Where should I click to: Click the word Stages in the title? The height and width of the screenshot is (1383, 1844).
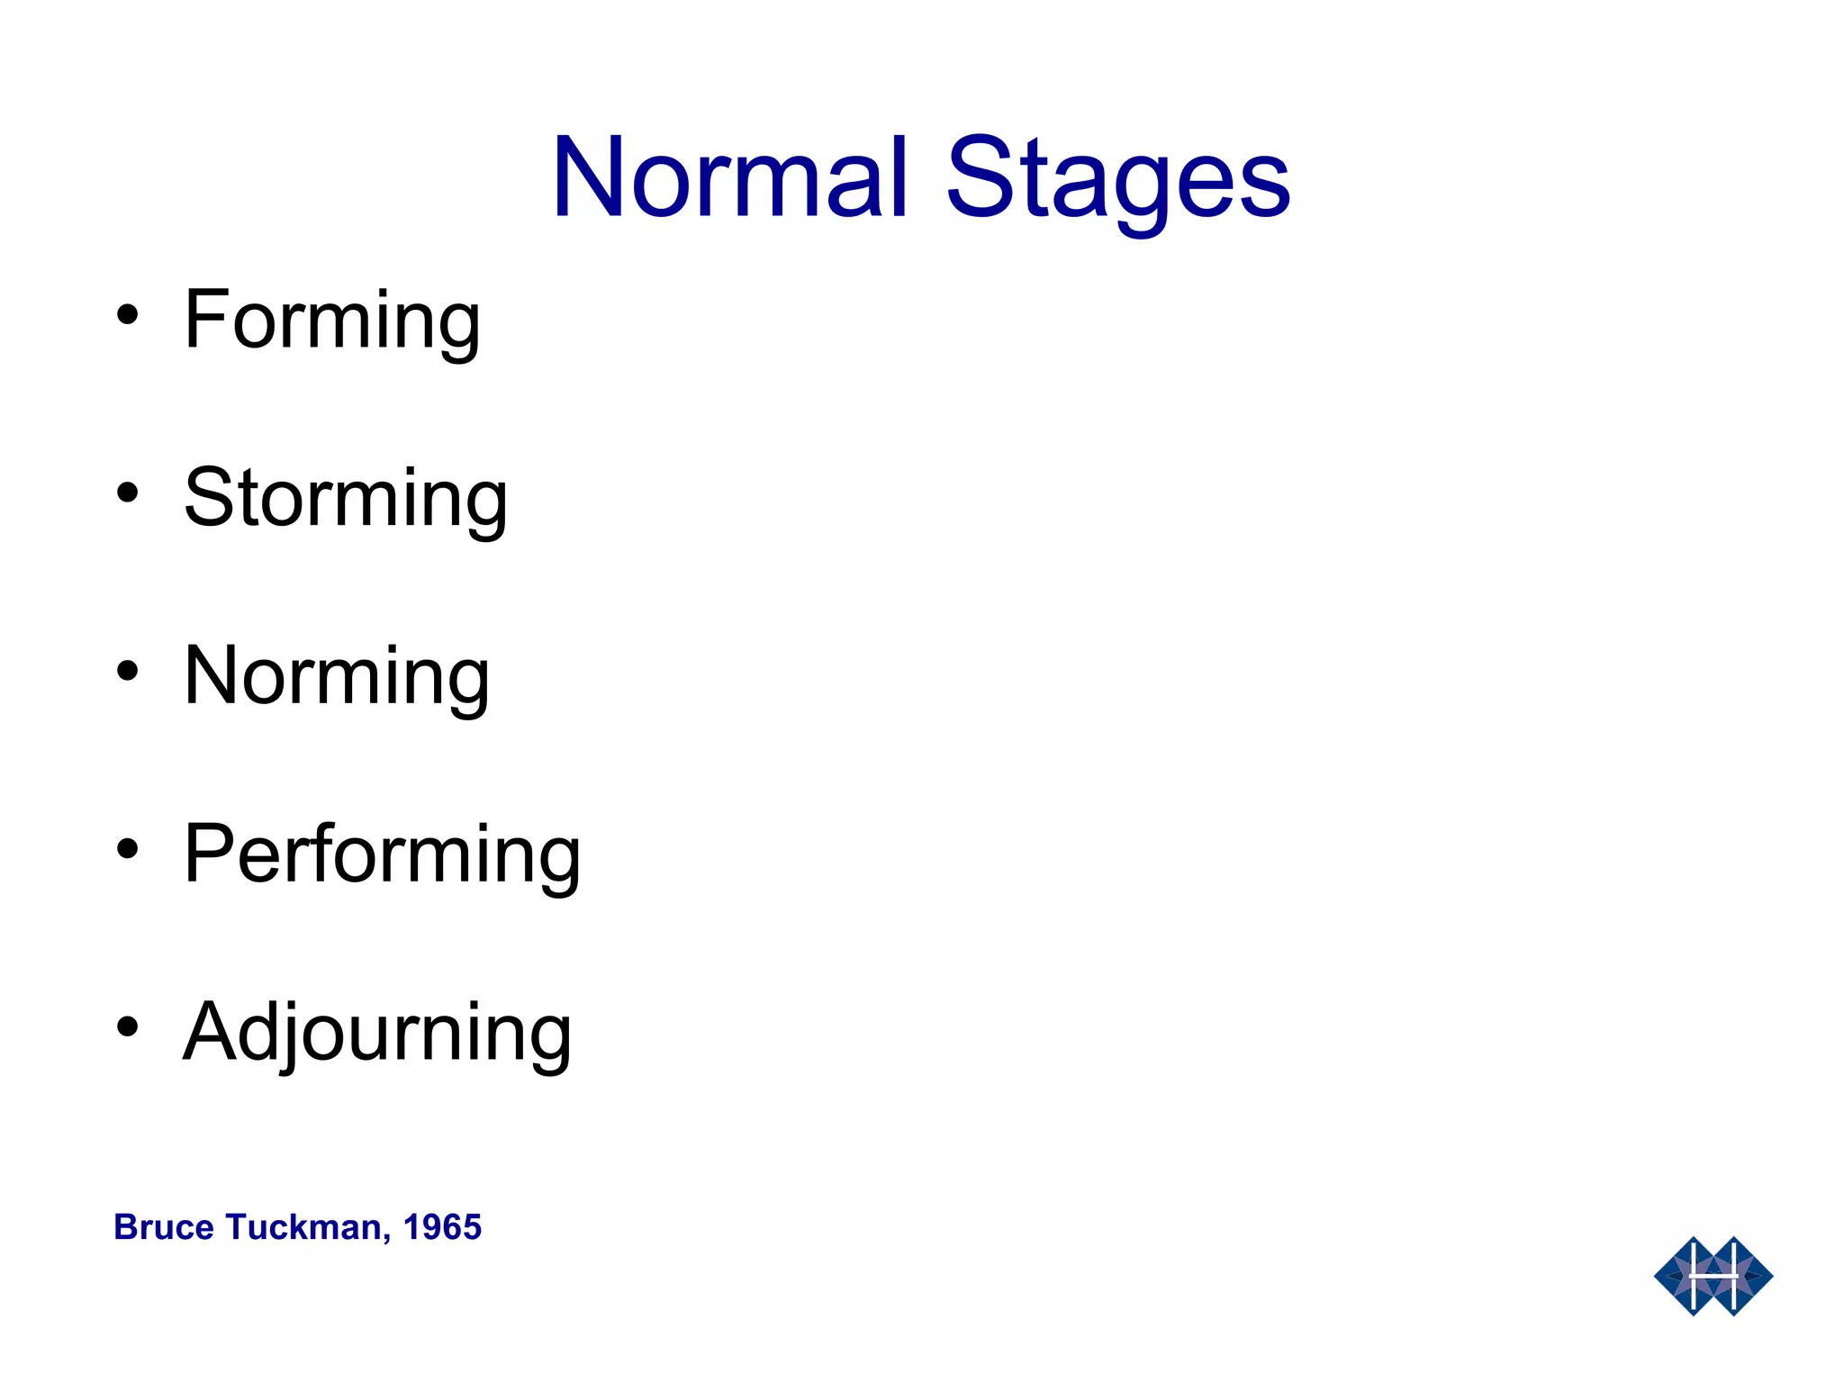point(1118,180)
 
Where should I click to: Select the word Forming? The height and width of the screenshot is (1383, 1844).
point(331,321)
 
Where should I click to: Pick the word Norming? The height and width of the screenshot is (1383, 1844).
point(337,676)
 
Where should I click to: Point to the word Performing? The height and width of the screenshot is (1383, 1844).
point(382,854)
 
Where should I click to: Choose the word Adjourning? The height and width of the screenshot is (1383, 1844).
point(377,1033)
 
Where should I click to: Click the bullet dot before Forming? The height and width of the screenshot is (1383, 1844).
point(128,316)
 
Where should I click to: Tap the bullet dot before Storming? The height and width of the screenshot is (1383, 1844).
point(128,493)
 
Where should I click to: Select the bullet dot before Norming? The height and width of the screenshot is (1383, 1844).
point(128,672)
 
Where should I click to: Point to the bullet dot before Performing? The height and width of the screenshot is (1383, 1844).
point(128,849)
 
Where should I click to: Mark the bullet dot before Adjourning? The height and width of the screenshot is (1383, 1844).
point(128,1027)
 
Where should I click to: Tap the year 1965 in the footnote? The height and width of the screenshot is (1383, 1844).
point(442,1227)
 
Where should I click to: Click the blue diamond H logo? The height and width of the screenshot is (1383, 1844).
point(1713,1276)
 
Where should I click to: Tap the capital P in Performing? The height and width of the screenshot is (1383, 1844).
point(212,853)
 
